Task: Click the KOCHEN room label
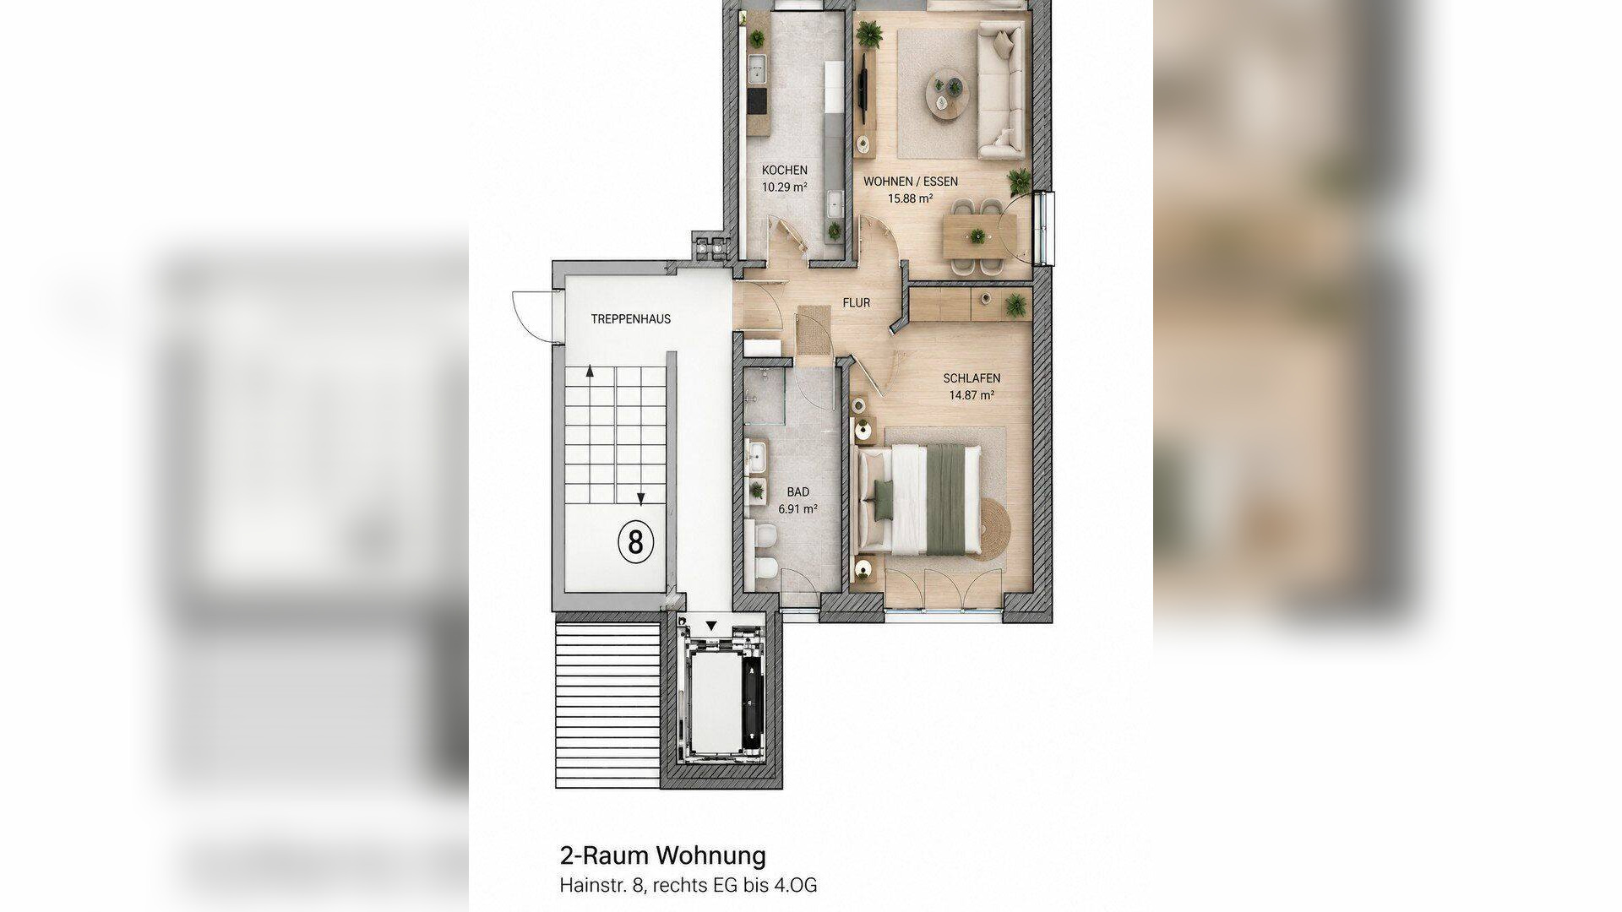[x=784, y=170]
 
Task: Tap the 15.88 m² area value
[x=910, y=199]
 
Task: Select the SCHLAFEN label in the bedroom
[x=972, y=378]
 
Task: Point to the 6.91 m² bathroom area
[x=797, y=509]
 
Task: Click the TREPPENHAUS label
[x=631, y=319]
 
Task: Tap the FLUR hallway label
[x=856, y=302]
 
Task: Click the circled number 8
[x=636, y=541]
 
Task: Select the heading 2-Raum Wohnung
[x=662, y=855]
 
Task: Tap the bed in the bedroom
[x=919, y=499]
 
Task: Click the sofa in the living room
[x=1002, y=90]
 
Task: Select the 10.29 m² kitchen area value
[x=784, y=187]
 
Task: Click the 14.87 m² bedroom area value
[x=972, y=395]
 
